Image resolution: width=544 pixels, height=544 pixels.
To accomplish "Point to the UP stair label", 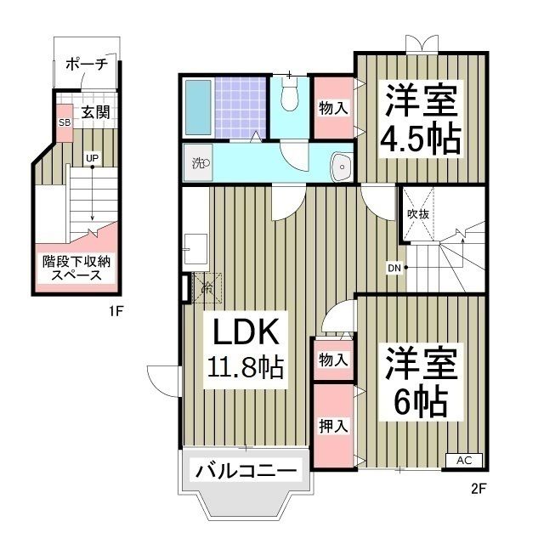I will coord(89,157).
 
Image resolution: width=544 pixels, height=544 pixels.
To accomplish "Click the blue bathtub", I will coord(197,109).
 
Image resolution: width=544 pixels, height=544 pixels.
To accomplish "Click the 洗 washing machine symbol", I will coord(199,163).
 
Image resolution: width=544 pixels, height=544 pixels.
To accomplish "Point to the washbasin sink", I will coord(339,167).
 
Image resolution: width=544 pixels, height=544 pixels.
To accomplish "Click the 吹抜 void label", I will coord(417,213).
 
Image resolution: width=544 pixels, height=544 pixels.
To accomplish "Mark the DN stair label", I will coord(394,269).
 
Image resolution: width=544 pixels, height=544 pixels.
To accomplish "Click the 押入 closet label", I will coord(333,426).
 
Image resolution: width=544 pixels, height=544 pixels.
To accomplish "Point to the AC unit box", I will coord(464,460).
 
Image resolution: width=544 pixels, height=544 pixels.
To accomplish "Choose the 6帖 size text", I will coord(421,401).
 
